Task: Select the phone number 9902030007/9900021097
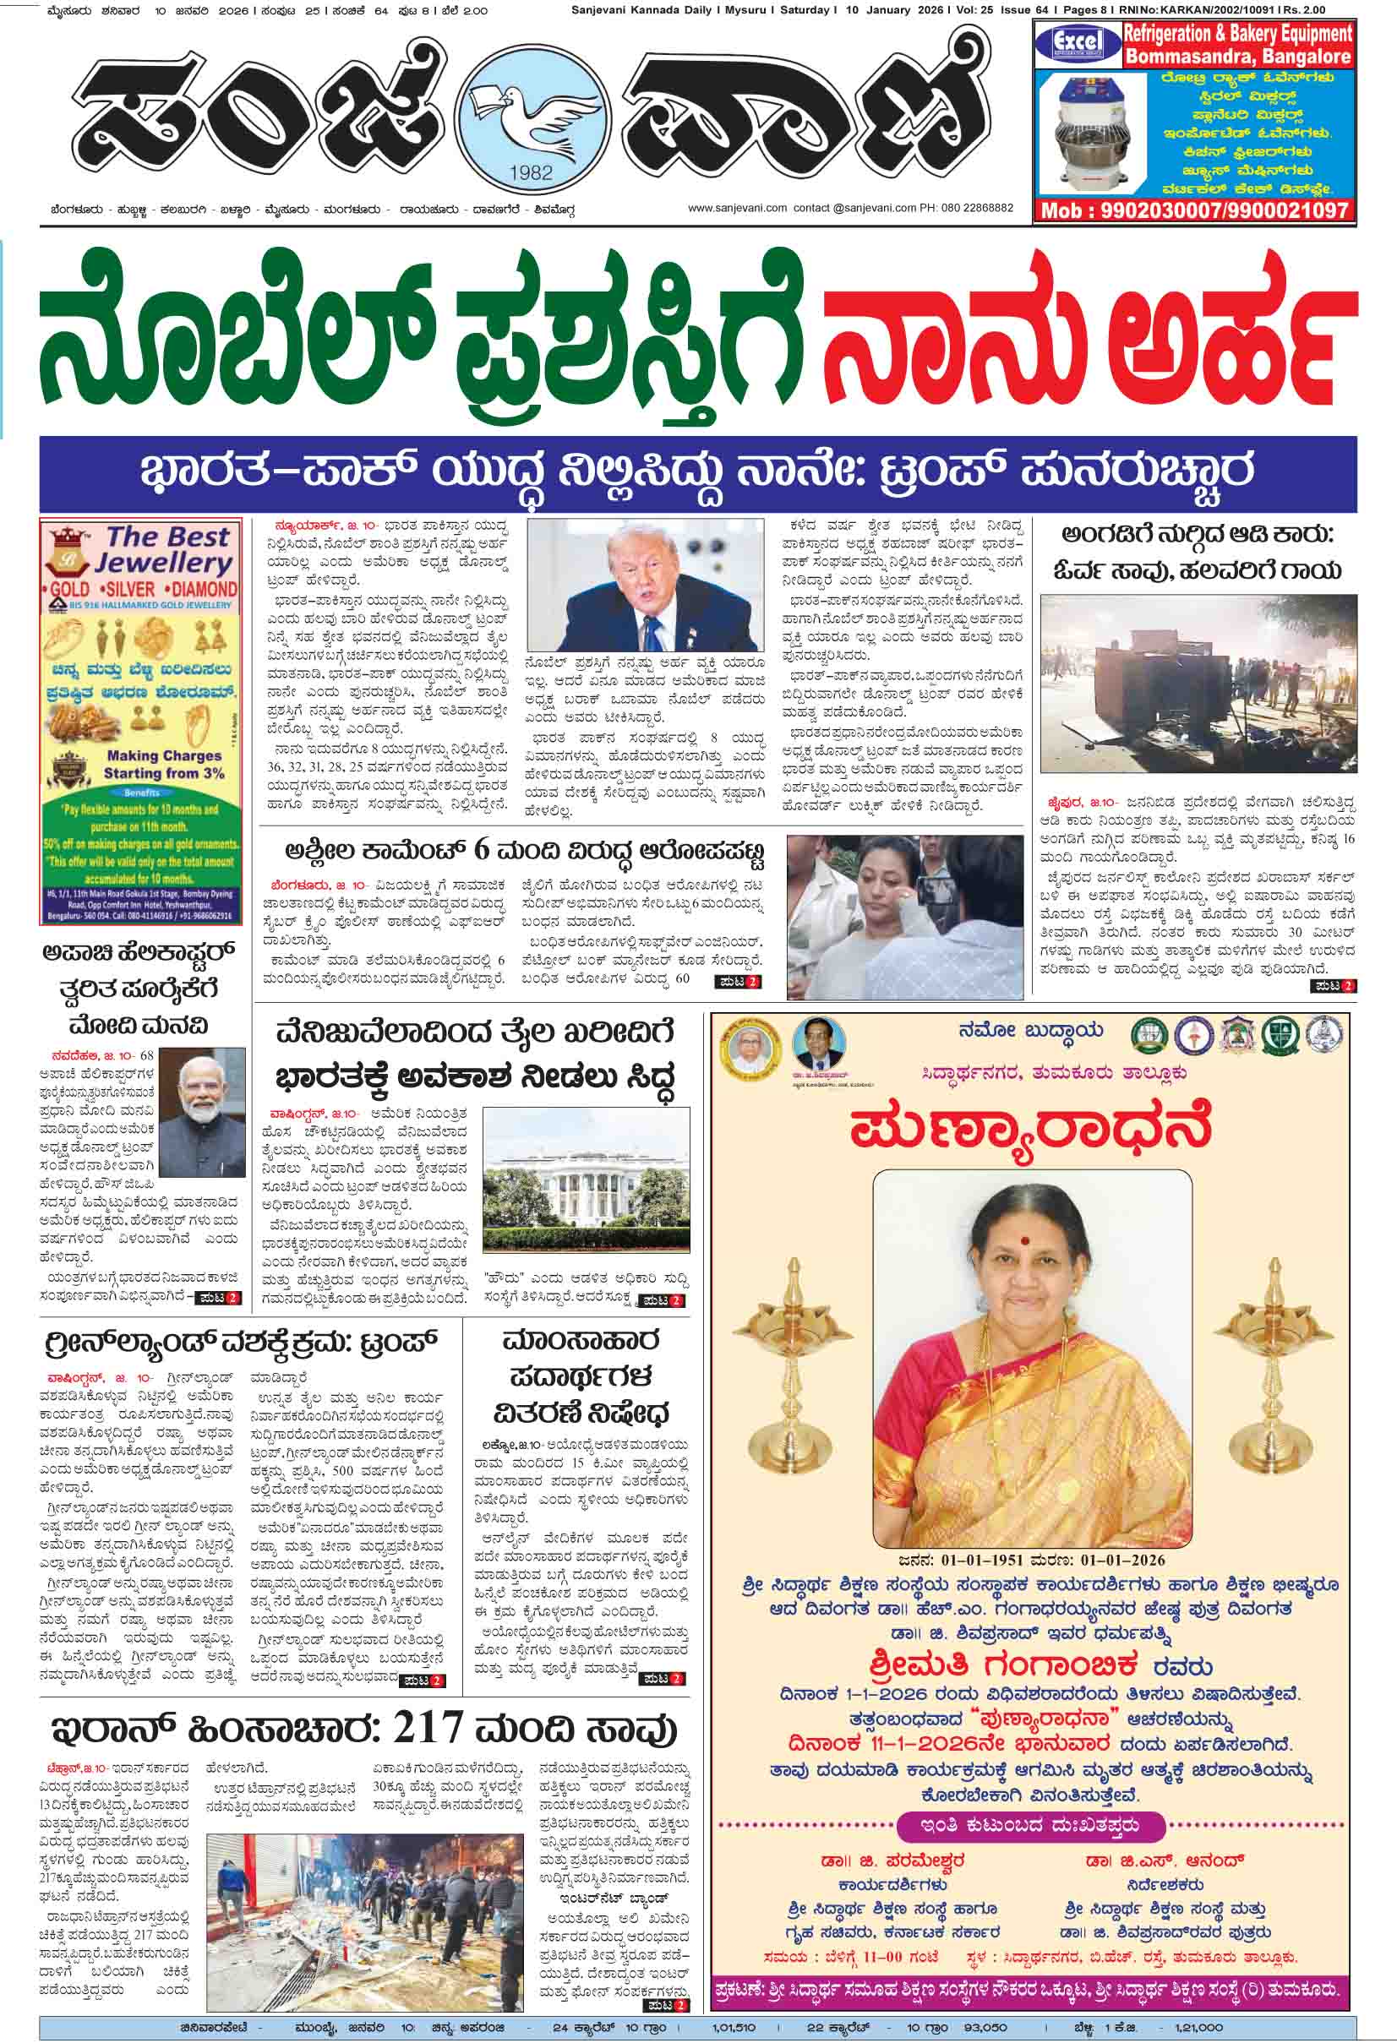pos(1194,211)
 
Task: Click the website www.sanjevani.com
pos(736,209)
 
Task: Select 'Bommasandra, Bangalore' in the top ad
pos(1237,57)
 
